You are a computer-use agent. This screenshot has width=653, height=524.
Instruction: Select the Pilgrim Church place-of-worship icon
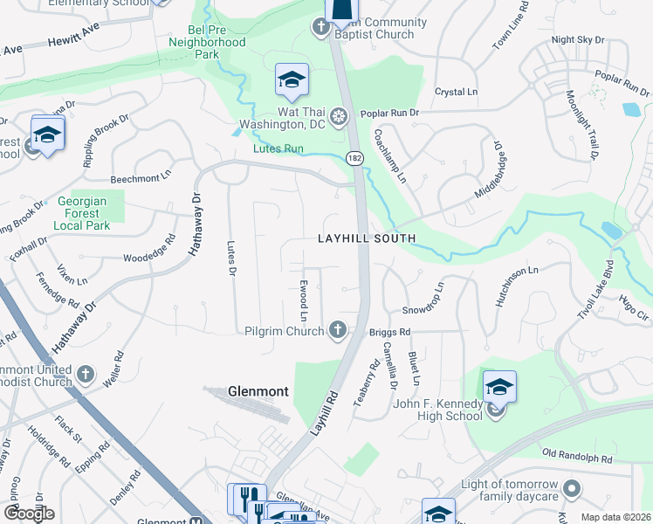(338, 330)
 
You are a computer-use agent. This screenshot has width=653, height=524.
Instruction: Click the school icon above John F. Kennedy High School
(499, 387)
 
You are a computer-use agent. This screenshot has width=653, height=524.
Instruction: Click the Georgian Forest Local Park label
(80, 213)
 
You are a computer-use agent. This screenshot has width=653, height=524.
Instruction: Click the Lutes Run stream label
(278, 149)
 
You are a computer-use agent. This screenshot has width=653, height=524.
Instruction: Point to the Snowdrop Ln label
(423, 298)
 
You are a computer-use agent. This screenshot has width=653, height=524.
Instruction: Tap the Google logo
(29, 513)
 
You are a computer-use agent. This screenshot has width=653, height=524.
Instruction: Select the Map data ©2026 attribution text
(615, 517)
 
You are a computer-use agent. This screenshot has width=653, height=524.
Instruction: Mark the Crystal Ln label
(457, 92)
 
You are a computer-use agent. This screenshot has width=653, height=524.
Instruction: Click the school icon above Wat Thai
(291, 80)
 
